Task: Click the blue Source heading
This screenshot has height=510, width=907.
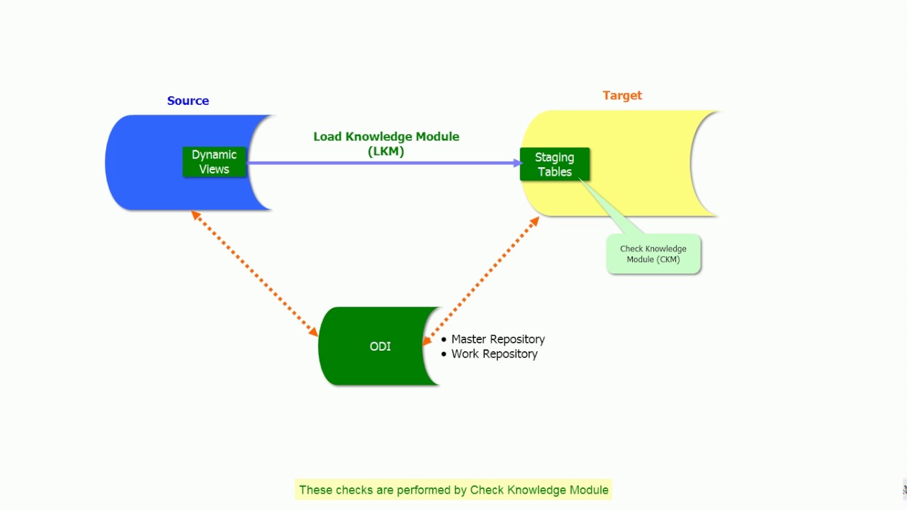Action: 188,101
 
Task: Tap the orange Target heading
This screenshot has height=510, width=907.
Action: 622,96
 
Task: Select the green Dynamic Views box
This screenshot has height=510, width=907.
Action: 214,162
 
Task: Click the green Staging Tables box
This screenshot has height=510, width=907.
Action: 554,164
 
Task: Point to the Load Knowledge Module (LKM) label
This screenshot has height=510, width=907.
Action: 386,137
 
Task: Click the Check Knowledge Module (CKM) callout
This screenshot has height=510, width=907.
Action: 653,254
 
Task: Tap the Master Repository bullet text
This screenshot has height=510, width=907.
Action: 497,339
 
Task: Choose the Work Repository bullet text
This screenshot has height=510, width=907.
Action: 494,353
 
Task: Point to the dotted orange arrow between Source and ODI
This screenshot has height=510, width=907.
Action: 255,273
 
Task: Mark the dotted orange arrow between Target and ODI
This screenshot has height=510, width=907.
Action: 482,280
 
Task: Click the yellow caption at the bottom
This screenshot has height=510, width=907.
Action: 453,489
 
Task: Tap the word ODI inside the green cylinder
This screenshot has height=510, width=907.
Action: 380,346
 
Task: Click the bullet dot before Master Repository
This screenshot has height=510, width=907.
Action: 444,339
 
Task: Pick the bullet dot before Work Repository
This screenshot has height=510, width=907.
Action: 444,353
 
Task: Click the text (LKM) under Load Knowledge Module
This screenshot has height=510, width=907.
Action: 386,151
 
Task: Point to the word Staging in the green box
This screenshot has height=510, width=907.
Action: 554,157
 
